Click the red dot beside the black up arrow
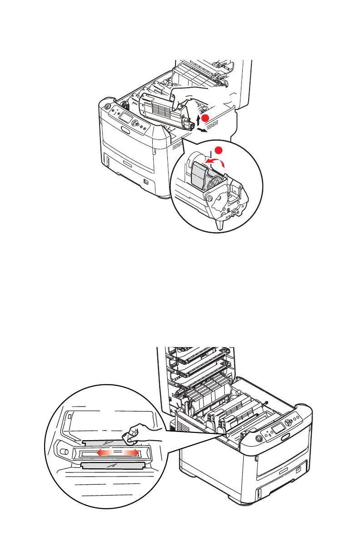coord(206,118)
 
